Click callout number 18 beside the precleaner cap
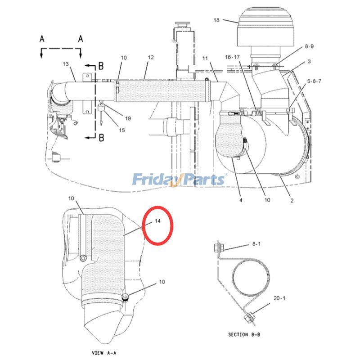tap(216, 20)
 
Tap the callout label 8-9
tap(309, 46)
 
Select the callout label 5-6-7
tap(314, 81)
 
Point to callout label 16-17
tap(232, 57)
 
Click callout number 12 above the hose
tap(151, 57)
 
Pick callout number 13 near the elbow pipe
tap(66, 63)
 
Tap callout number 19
tap(128, 118)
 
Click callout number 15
tap(122, 130)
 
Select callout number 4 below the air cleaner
tap(241, 200)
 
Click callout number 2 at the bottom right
tap(292, 200)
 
